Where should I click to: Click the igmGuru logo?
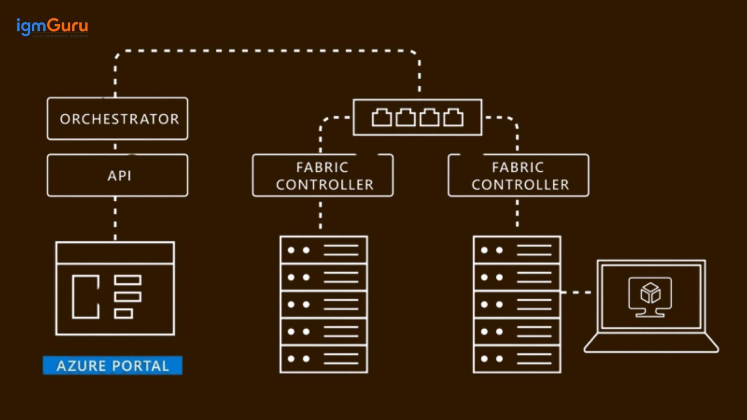tap(52, 27)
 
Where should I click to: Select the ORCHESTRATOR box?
tap(118, 119)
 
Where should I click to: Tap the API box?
tap(118, 175)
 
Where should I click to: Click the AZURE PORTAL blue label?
tap(113, 365)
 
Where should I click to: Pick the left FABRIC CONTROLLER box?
tap(323, 175)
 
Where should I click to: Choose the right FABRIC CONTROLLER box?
tap(518, 175)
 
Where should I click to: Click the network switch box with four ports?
tap(417, 118)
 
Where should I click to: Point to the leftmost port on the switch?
tap(381, 118)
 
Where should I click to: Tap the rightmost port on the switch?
tap(453, 118)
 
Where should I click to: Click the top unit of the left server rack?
tap(324, 250)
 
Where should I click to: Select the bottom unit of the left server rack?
tap(324, 359)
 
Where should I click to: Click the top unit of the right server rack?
tap(517, 250)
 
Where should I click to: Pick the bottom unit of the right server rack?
tap(517, 359)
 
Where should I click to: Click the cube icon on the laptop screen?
tap(650, 294)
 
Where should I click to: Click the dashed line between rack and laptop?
tap(576, 293)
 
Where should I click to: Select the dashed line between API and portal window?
tap(115, 218)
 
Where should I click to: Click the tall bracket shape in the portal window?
tap(85, 297)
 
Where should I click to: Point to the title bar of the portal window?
tap(115, 252)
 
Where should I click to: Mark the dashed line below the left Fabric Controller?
tap(320, 216)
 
